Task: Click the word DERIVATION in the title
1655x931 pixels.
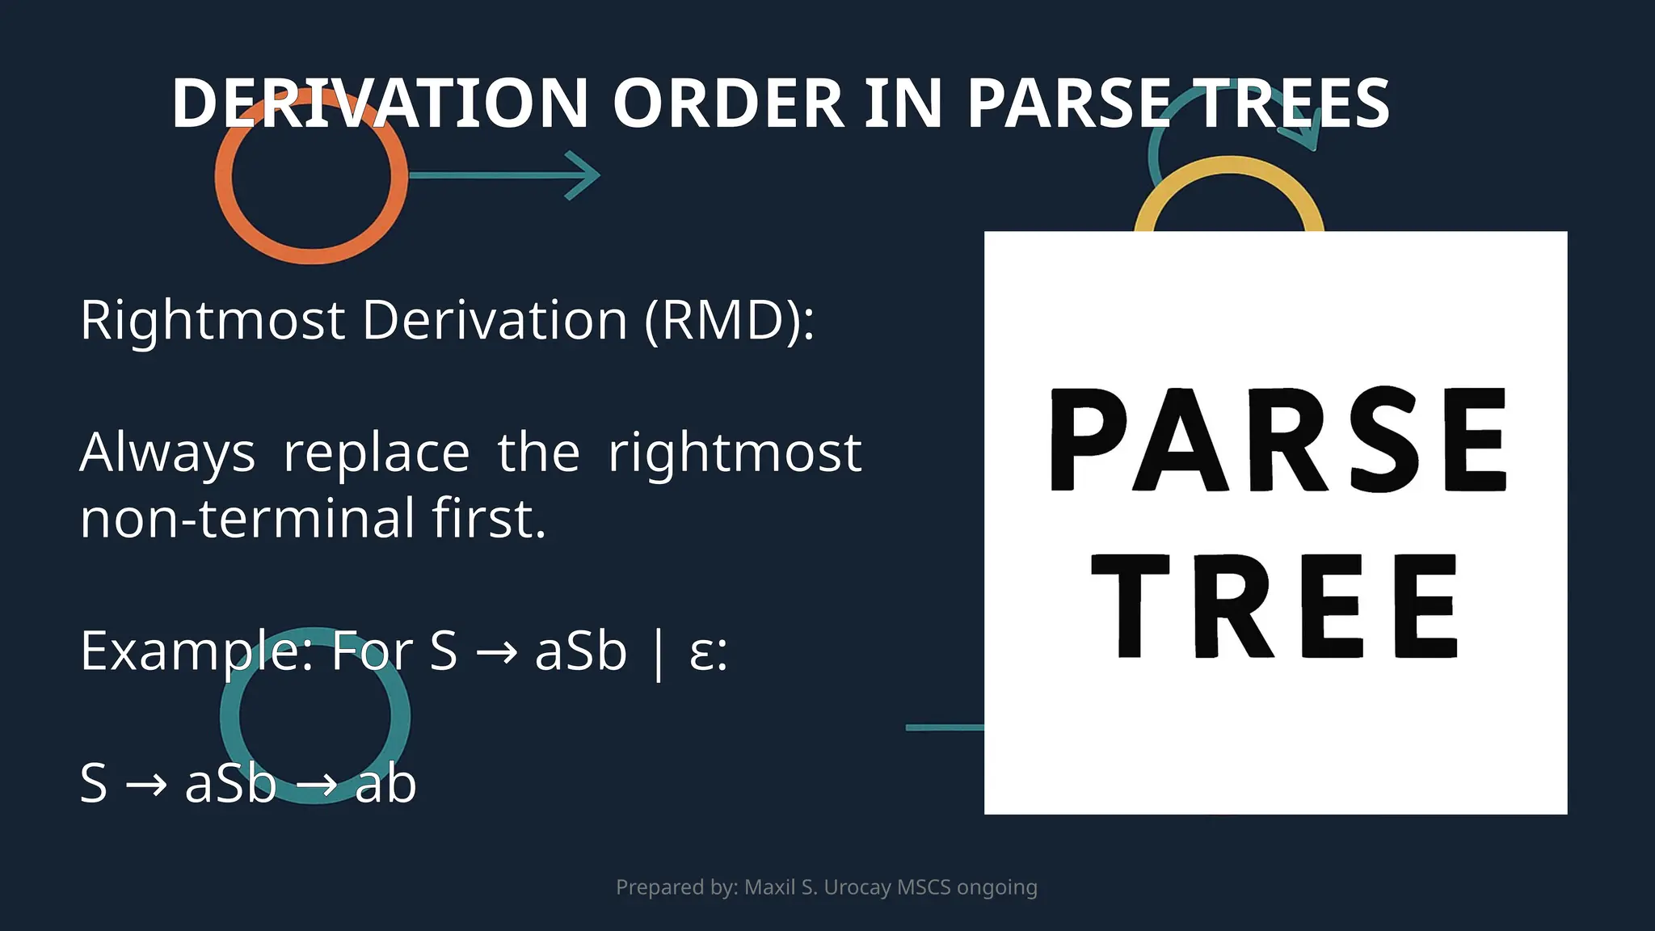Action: coord(380,103)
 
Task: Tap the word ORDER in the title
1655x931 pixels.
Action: coord(728,103)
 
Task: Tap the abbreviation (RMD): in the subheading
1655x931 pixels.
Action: coord(730,320)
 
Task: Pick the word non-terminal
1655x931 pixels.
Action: coord(247,518)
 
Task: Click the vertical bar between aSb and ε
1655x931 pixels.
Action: coord(658,653)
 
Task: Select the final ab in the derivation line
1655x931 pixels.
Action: coord(385,783)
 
